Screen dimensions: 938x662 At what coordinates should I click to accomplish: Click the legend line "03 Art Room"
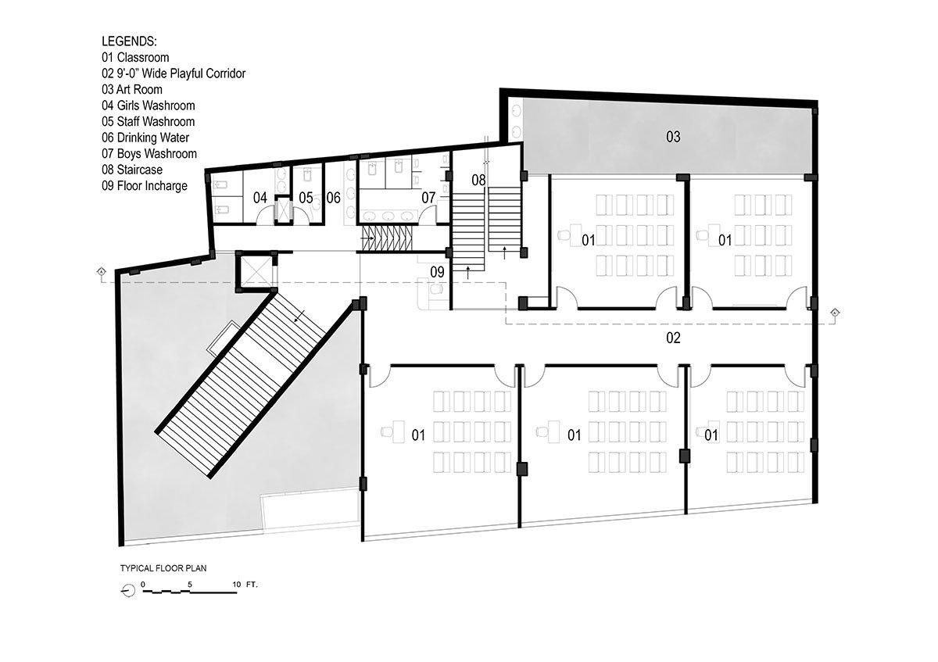coord(132,90)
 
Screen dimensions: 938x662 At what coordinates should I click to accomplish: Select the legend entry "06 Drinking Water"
coord(145,138)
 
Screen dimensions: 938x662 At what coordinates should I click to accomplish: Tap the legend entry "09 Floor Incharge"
coord(145,186)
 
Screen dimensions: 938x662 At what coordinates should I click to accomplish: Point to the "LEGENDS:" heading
coord(130,41)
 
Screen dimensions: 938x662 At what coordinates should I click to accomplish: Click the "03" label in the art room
coord(673,137)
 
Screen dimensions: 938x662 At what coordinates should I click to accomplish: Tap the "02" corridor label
coord(673,338)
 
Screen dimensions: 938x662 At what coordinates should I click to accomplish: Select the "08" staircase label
coord(478,180)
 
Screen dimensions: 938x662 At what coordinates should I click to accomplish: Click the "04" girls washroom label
coord(260,198)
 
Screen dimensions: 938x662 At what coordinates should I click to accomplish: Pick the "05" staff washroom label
coord(306,198)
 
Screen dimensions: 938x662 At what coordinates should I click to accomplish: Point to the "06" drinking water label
coord(333,198)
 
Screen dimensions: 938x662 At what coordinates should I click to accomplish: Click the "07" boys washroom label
coord(428,198)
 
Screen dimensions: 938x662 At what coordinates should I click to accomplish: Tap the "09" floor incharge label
coord(437,272)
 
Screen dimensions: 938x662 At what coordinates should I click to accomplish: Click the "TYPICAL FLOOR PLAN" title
coord(163,568)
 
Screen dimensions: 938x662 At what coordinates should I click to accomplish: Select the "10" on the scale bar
coord(237,585)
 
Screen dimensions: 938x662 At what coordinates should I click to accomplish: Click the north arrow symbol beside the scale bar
coord(128,591)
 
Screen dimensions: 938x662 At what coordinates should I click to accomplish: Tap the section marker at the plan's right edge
coord(835,313)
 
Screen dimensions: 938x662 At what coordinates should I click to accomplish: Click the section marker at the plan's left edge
coord(101,271)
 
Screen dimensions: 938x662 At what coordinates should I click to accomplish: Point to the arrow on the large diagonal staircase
coord(300,316)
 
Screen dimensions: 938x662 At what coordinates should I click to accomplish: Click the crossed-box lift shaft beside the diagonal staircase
coord(255,271)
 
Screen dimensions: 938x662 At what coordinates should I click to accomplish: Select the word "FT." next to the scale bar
coord(252,585)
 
